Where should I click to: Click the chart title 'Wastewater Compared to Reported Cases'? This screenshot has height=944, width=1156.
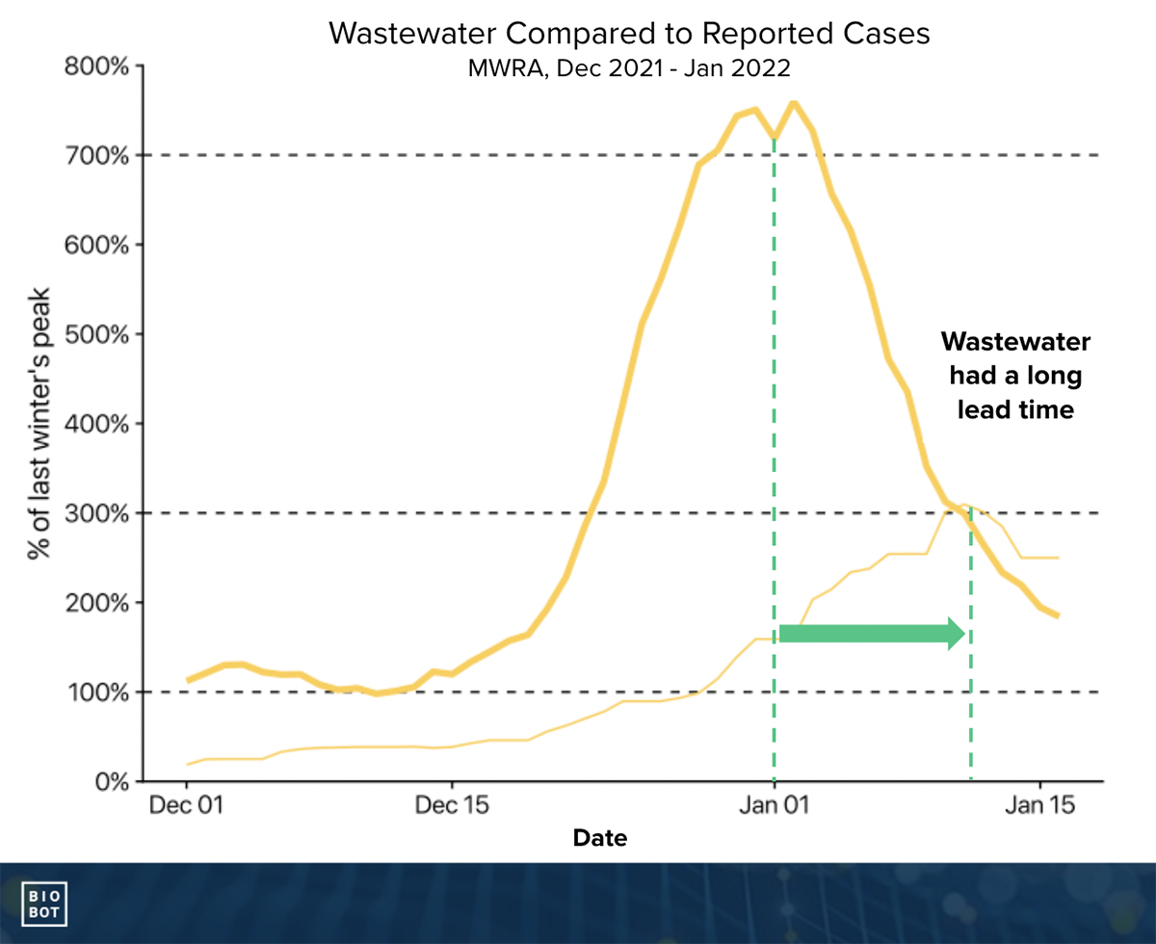(x=629, y=33)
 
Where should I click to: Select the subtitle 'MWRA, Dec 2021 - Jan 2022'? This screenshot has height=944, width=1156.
(x=629, y=69)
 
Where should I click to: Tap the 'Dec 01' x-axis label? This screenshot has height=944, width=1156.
(x=187, y=805)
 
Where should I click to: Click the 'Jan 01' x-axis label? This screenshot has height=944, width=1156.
(x=773, y=805)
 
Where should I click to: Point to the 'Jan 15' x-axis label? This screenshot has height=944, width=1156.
(x=1040, y=805)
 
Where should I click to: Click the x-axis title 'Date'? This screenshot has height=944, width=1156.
(x=599, y=838)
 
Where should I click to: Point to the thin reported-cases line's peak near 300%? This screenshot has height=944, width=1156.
(x=966, y=504)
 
